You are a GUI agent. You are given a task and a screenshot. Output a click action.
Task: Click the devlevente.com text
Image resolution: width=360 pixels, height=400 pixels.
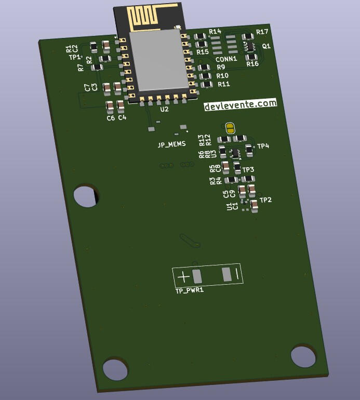click(240, 104)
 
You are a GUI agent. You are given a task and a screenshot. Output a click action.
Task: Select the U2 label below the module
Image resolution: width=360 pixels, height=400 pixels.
click(164, 110)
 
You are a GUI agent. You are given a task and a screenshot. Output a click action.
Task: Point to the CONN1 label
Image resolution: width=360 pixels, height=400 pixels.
click(226, 59)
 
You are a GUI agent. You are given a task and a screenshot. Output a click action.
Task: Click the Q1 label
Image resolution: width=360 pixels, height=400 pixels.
click(266, 46)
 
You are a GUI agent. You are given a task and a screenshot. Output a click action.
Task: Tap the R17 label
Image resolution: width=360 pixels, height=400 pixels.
click(262, 32)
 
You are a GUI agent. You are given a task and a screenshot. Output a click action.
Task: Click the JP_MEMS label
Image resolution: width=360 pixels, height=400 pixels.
click(171, 144)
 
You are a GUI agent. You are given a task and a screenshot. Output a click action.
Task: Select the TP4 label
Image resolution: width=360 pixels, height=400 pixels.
click(263, 146)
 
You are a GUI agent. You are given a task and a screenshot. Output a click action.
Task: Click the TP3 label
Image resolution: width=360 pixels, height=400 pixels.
click(248, 170)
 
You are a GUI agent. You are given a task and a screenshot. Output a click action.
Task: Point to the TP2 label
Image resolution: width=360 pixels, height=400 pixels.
click(265, 200)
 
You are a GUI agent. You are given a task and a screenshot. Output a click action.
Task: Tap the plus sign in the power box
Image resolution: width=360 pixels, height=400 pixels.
click(183, 277)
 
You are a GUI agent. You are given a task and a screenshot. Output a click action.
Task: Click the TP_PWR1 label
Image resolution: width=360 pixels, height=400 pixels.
click(189, 290)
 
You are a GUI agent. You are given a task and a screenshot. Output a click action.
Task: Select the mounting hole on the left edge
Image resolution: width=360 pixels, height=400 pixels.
click(85, 196)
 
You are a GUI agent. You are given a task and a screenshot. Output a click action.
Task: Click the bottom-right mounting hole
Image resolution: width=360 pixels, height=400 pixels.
click(303, 356)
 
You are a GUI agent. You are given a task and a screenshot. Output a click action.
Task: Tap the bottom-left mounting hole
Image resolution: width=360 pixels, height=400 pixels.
click(115, 369)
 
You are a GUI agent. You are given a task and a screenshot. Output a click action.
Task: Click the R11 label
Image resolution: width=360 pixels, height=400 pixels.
click(223, 84)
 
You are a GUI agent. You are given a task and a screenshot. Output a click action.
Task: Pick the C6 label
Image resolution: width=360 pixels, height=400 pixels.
click(111, 118)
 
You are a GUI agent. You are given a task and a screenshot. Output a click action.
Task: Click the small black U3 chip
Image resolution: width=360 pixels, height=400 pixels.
click(235, 153)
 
